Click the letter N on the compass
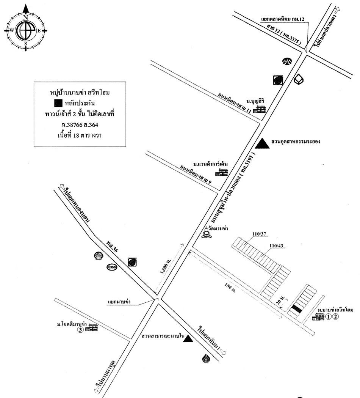[x=25, y=18]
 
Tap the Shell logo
[x=99, y=256]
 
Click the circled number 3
[x=80, y=330]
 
